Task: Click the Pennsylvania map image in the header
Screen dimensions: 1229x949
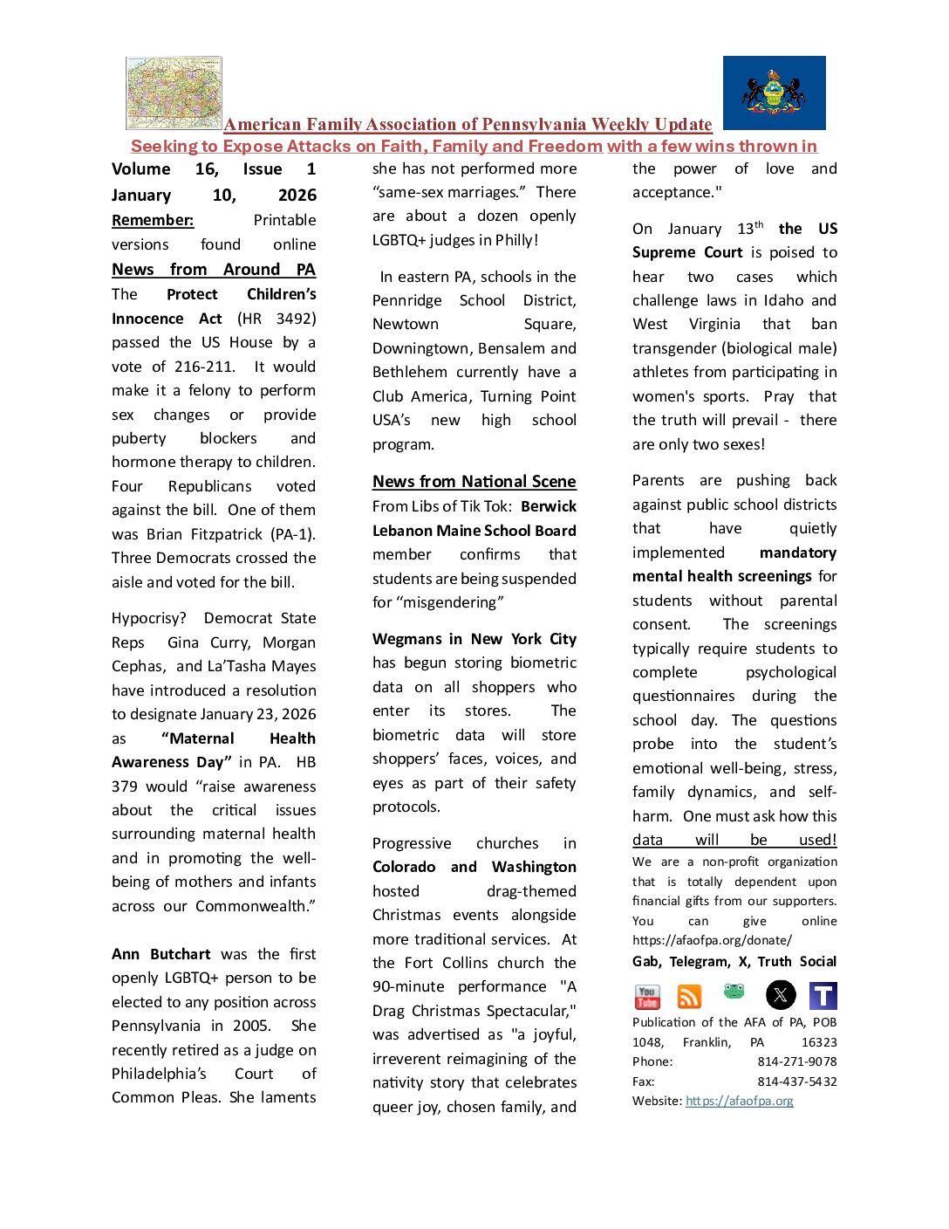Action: pyautogui.click(x=174, y=93)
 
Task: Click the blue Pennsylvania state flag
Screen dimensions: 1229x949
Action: pyautogui.click(x=774, y=93)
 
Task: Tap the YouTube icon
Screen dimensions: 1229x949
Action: pyautogui.click(x=646, y=996)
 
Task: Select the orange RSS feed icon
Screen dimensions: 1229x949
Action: pyautogui.click(x=689, y=996)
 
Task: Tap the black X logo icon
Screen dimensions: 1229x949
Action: pyautogui.click(x=781, y=995)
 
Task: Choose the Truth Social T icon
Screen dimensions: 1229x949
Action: pyautogui.click(x=823, y=996)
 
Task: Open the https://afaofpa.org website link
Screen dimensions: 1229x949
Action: pyautogui.click(x=739, y=1101)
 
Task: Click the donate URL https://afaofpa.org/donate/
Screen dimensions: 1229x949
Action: pyautogui.click(x=712, y=940)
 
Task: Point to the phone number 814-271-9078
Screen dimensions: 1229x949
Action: pyautogui.click(x=796, y=1061)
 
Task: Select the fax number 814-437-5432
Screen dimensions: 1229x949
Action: pyautogui.click(x=796, y=1081)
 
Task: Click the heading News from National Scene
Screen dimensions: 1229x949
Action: pyautogui.click(x=474, y=481)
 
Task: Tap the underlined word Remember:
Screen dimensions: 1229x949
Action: pyautogui.click(x=153, y=220)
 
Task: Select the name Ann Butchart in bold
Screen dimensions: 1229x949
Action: pyautogui.click(x=161, y=954)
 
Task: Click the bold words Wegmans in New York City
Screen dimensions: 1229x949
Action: pyautogui.click(x=474, y=639)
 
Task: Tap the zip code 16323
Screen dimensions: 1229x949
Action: pyautogui.click(x=818, y=1042)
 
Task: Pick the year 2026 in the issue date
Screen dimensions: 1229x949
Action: pyautogui.click(x=297, y=195)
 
